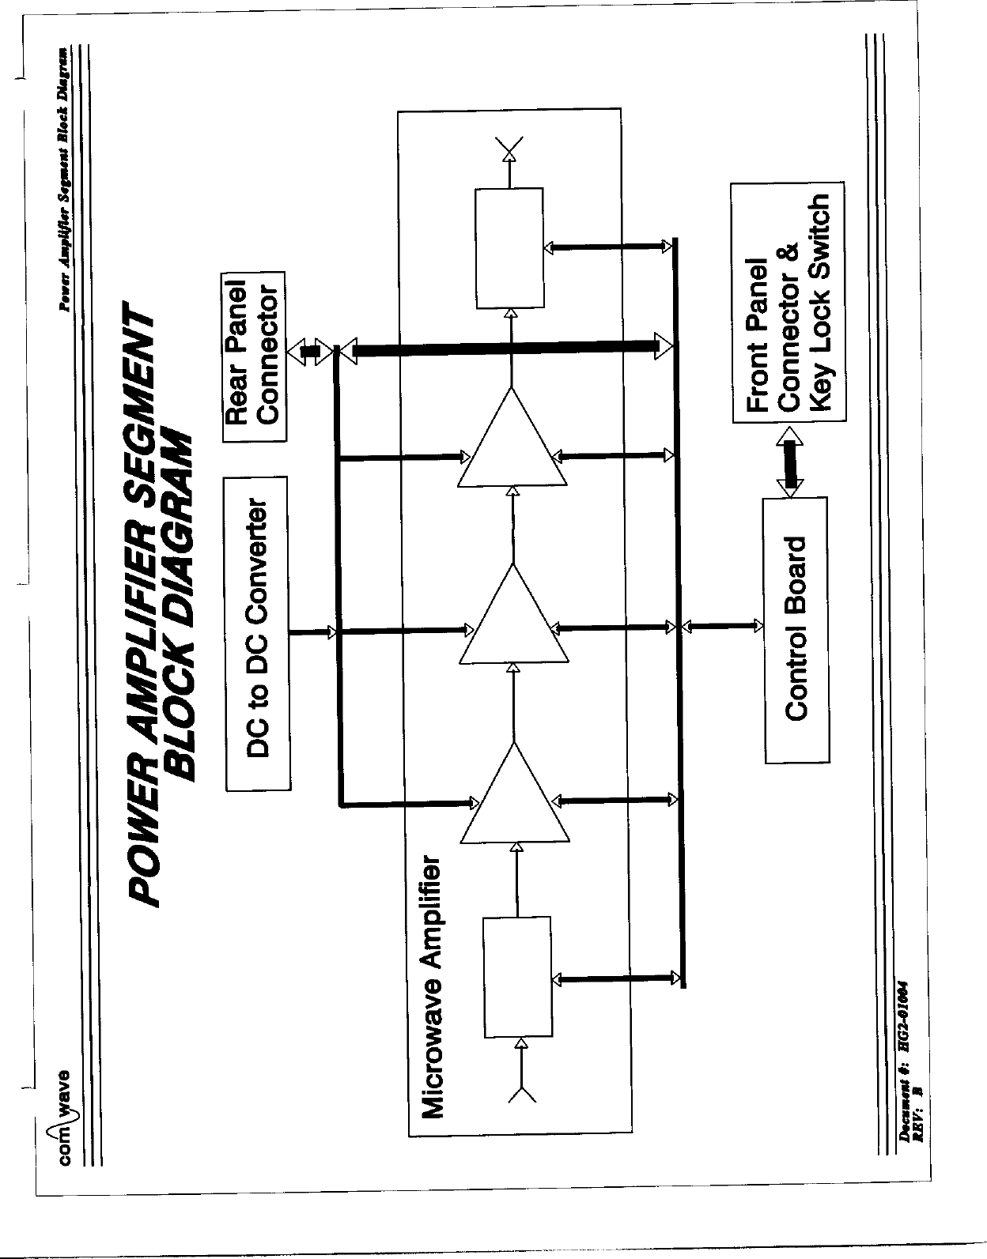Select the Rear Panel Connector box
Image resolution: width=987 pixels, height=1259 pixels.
(254, 356)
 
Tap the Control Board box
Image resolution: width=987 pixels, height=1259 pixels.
(796, 629)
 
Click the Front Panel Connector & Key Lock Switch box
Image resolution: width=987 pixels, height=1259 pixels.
(788, 302)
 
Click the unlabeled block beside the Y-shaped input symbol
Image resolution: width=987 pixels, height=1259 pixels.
(518, 978)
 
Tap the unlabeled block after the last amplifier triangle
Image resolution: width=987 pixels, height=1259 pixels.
(509, 247)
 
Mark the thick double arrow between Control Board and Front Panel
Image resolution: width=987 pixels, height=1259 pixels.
(788, 464)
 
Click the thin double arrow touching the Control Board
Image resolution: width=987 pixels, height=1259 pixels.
(722, 627)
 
